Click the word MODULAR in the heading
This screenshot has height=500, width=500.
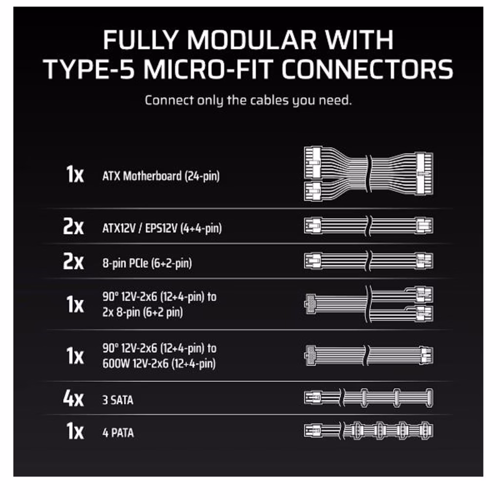(x=251, y=40)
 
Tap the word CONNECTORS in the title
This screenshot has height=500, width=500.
(x=367, y=69)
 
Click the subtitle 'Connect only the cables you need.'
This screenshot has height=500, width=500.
(x=249, y=101)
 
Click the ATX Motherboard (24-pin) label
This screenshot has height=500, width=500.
(x=161, y=176)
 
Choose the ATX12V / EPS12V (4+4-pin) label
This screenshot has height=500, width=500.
(x=162, y=229)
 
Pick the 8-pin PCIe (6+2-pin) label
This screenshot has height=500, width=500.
(x=147, y=263)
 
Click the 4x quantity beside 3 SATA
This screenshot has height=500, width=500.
(x=73, y=398)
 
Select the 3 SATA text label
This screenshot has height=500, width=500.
(x=118, y=400)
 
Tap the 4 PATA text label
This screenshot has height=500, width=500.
(x=118, y=433)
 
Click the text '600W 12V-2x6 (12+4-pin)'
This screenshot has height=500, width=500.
(x=159, y=363)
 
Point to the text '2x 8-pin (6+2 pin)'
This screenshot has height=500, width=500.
(x=143, y=312)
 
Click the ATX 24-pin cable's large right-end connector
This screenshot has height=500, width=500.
(x=425, y=173)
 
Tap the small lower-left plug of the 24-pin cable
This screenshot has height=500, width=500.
(x=313, y=191)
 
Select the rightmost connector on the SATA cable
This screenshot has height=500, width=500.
(x=430, y=397)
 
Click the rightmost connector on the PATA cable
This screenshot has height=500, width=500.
(x=426, y=431)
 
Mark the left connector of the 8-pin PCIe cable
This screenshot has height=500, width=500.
(x=313, y=261)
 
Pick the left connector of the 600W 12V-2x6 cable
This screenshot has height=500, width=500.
(x=310, y=355)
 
